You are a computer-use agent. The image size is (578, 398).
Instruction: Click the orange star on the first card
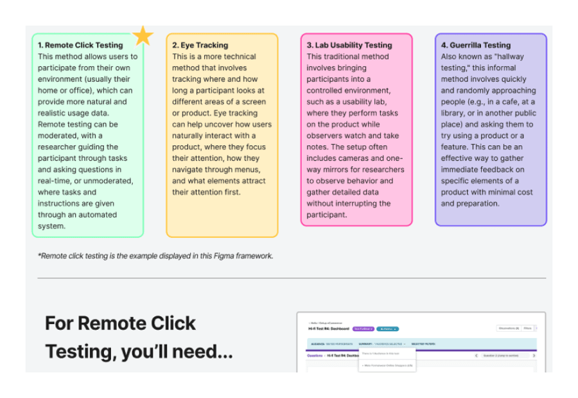(143, 35)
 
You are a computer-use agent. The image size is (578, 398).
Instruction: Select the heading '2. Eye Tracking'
(200, 45)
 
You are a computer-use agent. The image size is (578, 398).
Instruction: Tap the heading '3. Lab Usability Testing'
(349, 45)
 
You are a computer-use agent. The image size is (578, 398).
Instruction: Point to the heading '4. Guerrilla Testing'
(476, 45)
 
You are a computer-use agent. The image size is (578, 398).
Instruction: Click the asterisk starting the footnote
(39, 255)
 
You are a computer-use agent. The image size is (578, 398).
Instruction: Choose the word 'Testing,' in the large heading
(80, 352)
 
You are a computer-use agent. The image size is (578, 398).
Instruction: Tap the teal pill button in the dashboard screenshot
(388, 329)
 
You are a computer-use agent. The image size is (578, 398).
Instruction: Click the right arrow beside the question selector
(534, 356)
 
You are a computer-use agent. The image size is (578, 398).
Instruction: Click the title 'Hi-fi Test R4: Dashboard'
(329, 329)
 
